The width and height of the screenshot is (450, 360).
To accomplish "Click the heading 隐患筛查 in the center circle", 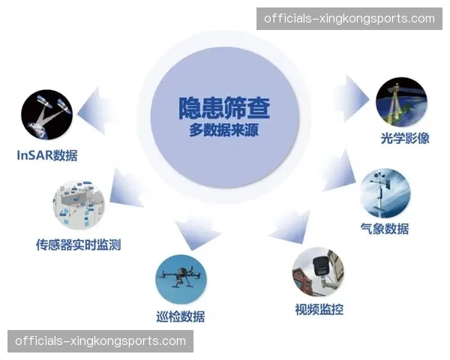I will pyautogui.click(x=224, y=106).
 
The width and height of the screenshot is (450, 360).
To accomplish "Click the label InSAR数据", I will pyautogui.click(x=47, y=156).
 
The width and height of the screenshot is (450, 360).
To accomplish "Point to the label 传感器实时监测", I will pyautogui.click(x=78, y=244).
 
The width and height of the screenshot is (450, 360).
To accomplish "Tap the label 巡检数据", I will pyautogui.click(x=181, y=316).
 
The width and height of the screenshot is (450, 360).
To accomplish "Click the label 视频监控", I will pyautogui.click(x=319, y=309).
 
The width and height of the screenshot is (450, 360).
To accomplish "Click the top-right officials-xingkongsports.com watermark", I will pyautogui.click(x=348, y=19).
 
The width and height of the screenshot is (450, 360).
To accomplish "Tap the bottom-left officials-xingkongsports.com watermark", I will pyautogui.click(x=101, y=341).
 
